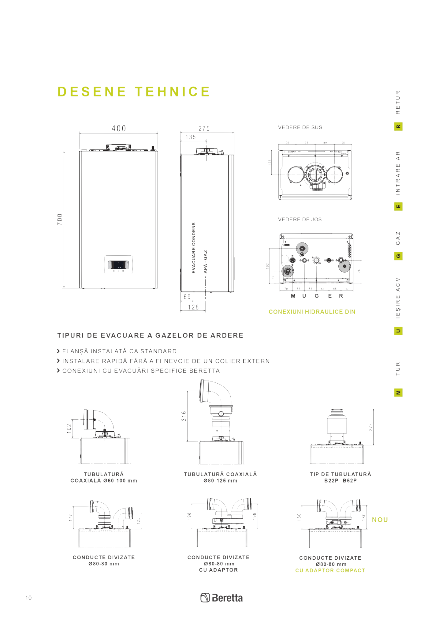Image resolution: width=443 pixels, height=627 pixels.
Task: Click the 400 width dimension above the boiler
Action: (119, 129)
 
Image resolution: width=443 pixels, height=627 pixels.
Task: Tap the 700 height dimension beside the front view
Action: (60, 220)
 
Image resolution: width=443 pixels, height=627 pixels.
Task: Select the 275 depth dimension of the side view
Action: (204, 129)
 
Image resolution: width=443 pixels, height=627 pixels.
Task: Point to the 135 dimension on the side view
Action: (191, 137)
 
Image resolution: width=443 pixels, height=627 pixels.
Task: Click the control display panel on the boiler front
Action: (118, 265)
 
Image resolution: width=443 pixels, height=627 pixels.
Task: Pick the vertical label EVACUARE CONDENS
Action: (193, 248)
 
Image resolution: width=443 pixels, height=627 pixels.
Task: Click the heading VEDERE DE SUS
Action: (300, 127)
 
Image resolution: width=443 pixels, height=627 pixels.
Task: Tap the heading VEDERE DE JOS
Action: (300, 220)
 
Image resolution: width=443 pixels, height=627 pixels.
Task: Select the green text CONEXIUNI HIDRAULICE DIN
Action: (312, 312)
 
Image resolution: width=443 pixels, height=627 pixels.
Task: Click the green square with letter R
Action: (398, 126)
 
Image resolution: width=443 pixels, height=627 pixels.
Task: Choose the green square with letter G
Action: (398, 256)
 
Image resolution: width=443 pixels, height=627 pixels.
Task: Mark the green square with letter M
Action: (398, 392)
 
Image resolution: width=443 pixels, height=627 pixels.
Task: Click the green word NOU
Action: (380, 520)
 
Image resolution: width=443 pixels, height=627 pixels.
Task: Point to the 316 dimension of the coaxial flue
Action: (184, 416)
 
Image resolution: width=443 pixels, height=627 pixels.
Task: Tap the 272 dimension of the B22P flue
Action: (370, 427)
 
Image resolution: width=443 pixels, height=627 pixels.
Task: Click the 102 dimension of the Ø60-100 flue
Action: (69, 428)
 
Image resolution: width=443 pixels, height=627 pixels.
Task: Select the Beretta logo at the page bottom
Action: (221, 598)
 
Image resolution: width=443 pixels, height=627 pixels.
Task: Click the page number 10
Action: (28, 598)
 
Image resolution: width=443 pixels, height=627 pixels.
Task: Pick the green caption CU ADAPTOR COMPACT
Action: (330, 570)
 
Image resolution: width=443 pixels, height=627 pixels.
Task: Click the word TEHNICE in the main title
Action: (172, 92)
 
